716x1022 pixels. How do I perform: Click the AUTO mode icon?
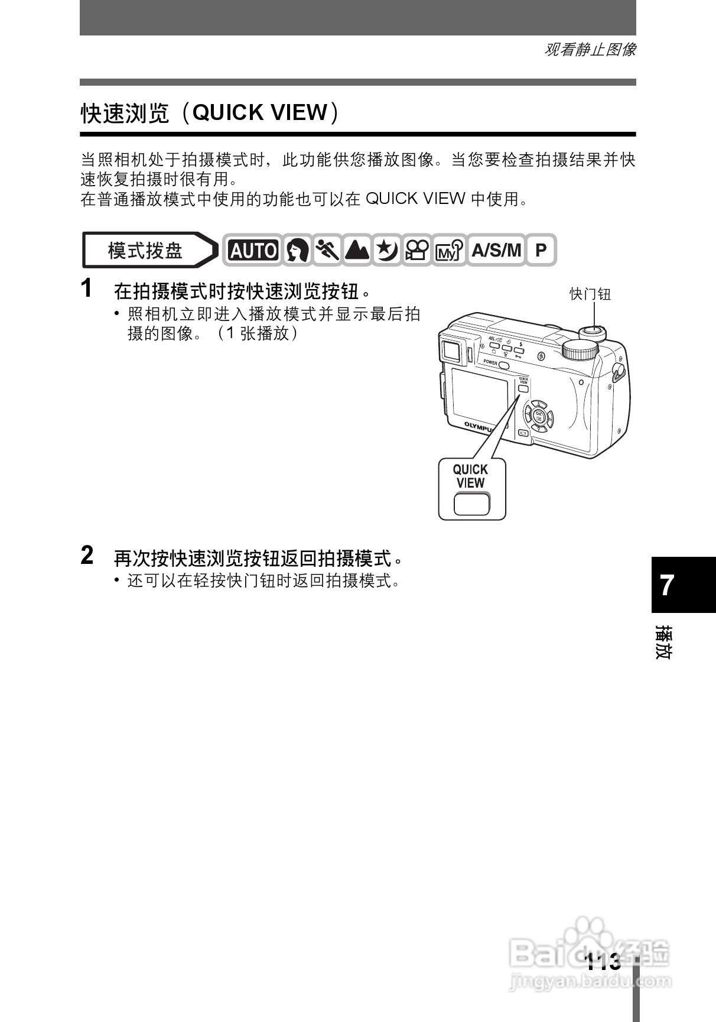(x=253, y=251)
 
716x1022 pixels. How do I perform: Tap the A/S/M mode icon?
(x=496, y=251)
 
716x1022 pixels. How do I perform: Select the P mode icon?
(x=541, y=251)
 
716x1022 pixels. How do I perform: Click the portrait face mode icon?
(x=297, y=251)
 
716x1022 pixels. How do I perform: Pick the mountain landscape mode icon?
(x=357, y=251)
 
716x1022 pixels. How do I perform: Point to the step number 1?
(x=87, y=289)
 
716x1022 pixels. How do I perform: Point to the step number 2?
(x=87, y=556)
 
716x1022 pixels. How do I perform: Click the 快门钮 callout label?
(x=590, y=294)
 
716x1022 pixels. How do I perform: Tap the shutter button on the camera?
(x=593, y=332)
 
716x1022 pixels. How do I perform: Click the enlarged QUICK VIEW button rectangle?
(x=471, y=504)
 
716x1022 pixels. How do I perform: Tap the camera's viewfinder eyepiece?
(x=452, y=351)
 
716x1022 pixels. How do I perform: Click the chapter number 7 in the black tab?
(x=667, y=585)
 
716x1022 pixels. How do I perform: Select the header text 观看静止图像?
(x=589, y=50)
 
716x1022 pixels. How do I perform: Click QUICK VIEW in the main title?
(x=260, y=112)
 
